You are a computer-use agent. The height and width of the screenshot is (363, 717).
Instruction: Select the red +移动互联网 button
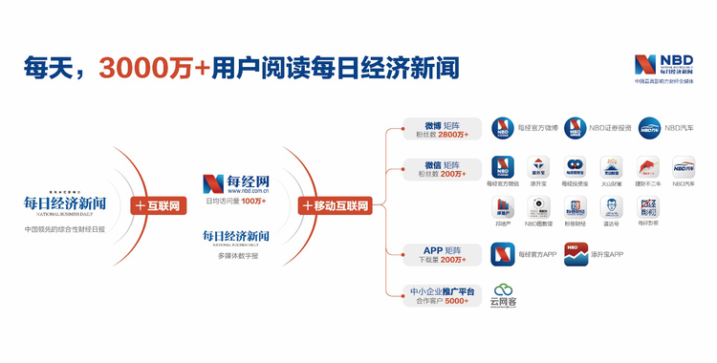tap(335, 204)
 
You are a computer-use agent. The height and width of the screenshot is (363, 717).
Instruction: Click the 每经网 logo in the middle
tap(235, 181)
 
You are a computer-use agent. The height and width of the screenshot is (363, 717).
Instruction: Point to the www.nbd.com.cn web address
tap(235, 191)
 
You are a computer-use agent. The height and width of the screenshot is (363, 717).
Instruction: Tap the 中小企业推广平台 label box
tap(436, 294)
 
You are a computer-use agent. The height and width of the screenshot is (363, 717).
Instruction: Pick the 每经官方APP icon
tap(503, 254)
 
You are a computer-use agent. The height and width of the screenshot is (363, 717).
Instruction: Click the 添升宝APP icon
tap(576, 254)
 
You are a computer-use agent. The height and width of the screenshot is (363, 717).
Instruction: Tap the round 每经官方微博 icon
tap(504, 128)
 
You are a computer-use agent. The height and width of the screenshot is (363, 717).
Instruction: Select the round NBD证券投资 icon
tap(576, 128)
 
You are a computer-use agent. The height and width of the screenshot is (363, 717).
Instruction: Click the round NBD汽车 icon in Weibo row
tap(649, 128)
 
